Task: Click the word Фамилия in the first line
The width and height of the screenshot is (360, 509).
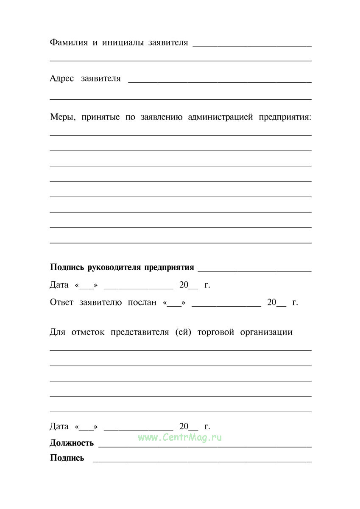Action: (68, 43)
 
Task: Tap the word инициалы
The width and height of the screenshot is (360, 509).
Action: (122, 43)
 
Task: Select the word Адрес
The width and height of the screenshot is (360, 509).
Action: (62, 78)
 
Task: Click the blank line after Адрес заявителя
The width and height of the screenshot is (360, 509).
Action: (220, 81)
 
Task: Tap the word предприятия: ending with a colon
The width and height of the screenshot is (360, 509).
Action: (285, 117)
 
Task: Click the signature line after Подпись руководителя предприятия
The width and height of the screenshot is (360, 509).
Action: (254, 270)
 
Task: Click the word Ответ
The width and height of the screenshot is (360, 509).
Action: (62, 302)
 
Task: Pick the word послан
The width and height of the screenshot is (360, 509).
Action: (142, 302)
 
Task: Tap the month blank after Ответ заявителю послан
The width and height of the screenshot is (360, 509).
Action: (226, 305)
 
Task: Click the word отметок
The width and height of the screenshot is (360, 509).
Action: (88, 332)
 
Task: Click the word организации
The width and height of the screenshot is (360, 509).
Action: (266, 332)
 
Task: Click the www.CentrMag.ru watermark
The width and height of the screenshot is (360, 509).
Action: (180, 437)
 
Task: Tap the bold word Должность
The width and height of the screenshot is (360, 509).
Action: (72, 443)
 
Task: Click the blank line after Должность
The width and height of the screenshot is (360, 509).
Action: (205, 446)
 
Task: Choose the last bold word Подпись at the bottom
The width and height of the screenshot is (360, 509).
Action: (67, 458)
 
